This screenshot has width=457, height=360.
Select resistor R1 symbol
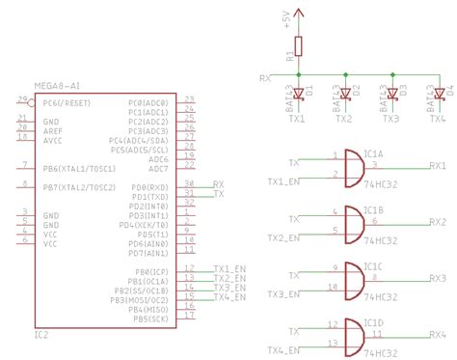point(298,46)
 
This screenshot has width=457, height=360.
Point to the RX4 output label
point(438,331)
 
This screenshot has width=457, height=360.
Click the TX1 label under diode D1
point(296,119)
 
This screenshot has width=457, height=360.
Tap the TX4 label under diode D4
point(438,119)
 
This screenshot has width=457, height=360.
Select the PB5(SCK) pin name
point(150,318)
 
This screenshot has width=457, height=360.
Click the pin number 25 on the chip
point(21,99)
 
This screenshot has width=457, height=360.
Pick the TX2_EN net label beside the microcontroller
point(228,278)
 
